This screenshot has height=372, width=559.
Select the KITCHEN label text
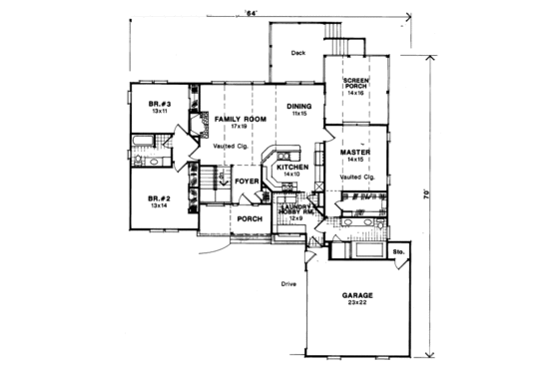click(293, 167)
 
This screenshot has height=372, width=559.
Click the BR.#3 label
click(157, 104)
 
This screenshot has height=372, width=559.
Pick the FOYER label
click(248, 181)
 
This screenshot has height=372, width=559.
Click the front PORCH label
click(249, 218)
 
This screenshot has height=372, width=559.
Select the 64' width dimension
click(253, 13)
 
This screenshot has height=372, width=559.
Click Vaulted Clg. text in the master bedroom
click(356, 177)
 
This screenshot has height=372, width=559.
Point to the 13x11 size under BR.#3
click(157, 112)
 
